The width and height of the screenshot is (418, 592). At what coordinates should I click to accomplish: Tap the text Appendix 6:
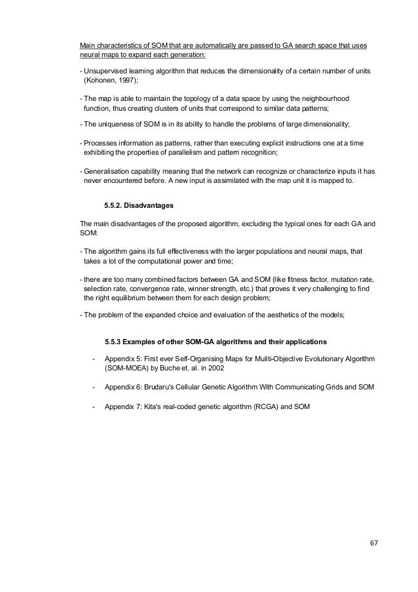click(124, 387)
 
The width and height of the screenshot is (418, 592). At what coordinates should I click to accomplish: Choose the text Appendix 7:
click(124, 406)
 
